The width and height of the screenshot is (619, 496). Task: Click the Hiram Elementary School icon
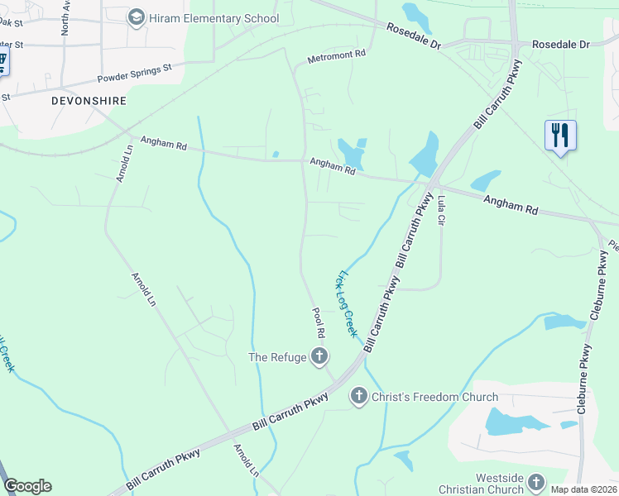[x=137, y=17]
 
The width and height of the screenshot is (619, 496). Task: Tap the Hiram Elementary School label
[x=214, y=17]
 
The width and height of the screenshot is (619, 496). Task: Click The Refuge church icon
[x=319, y=357]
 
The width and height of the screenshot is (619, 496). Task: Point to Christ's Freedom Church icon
[x=359, y=397]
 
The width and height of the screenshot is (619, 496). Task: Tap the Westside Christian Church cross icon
[x=536, y=482]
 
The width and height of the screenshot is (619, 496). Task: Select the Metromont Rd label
[x=336, y=56]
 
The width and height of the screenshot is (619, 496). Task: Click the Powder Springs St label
[x=134, y=74]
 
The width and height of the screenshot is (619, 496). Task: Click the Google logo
[x=27, y=486]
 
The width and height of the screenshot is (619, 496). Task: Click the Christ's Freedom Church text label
[x=434, y=397]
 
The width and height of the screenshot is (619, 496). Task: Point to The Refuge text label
[x=277, y=357]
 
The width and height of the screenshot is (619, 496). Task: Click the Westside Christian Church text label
[x=500, y=484]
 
